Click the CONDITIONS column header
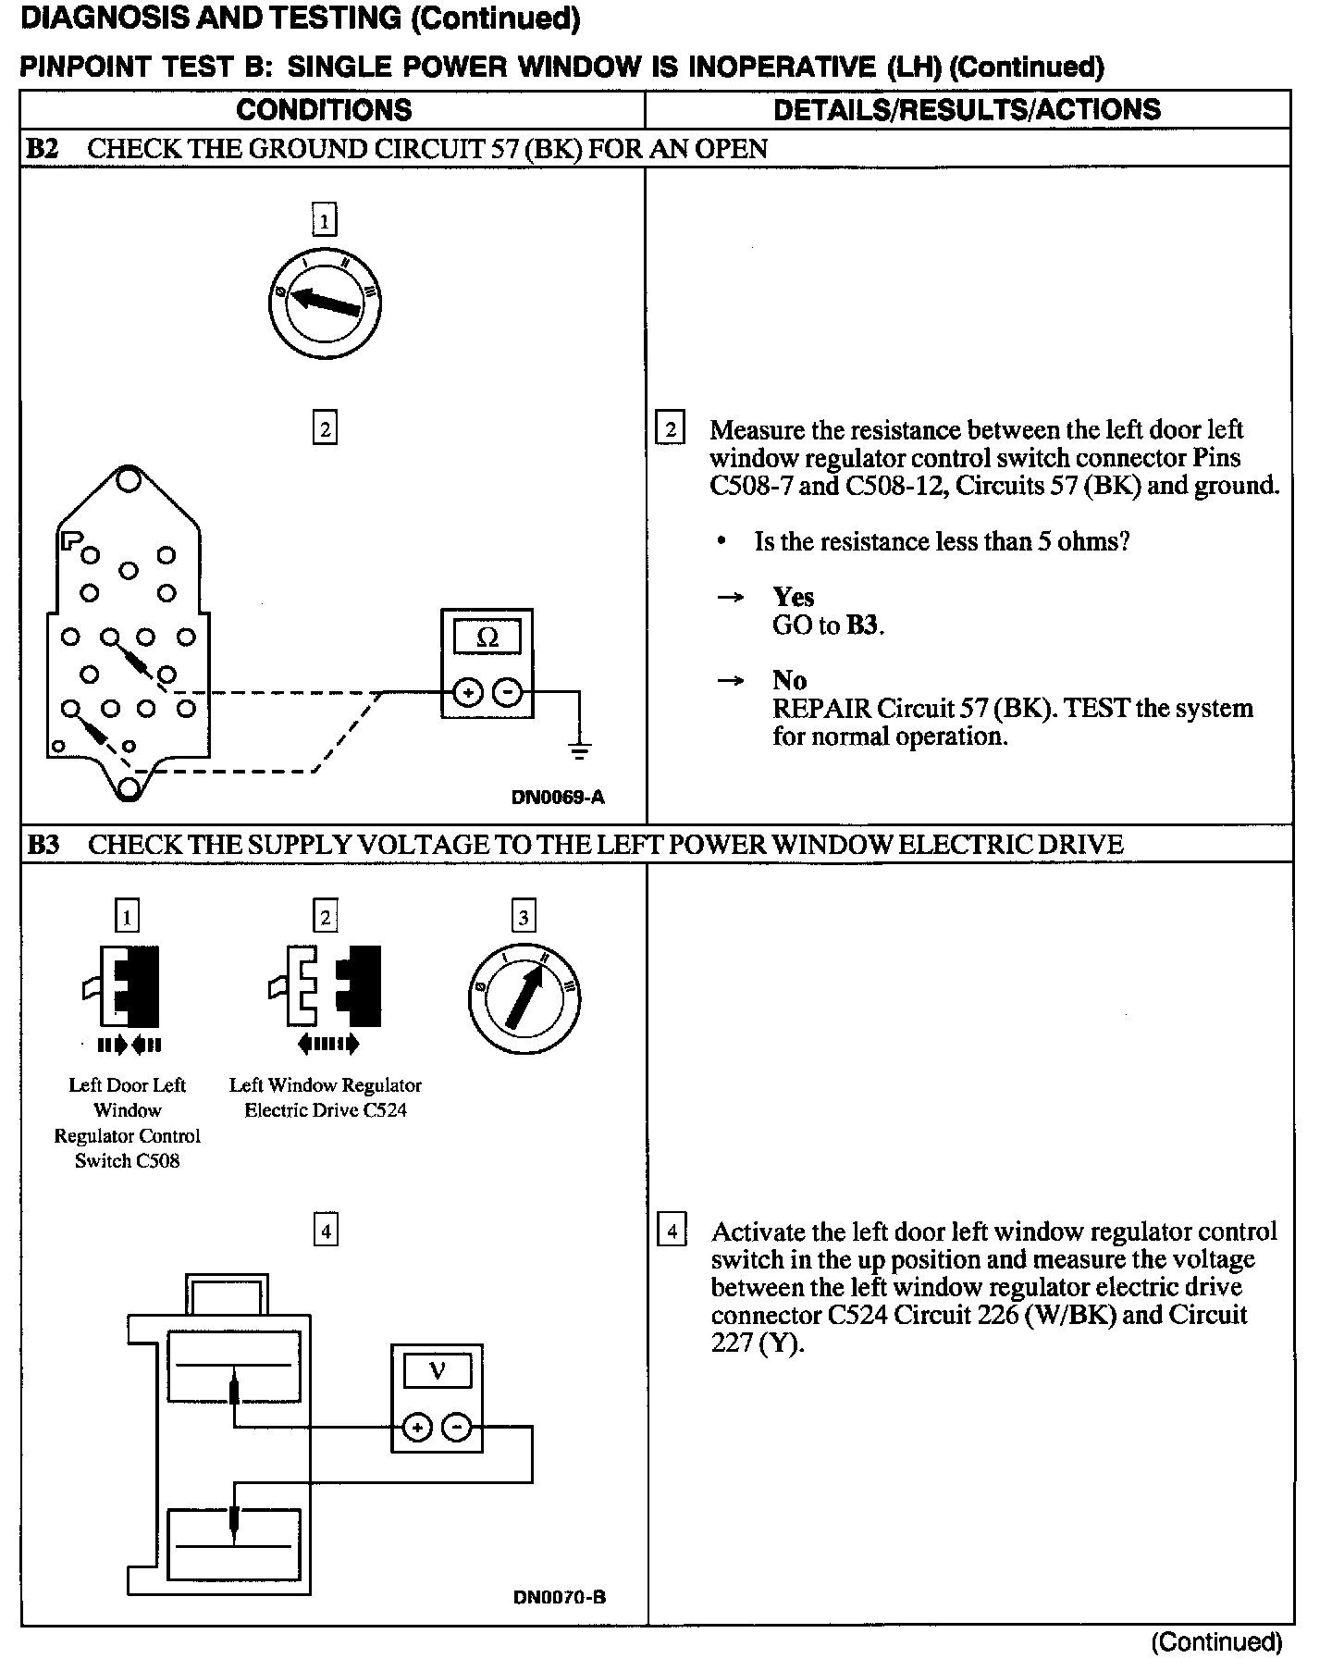324,109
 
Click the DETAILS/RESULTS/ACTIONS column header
967,109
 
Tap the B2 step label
43,149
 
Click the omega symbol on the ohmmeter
487,637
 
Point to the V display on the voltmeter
438,1370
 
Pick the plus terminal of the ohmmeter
468,692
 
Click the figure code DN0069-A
558,797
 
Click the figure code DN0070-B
559,1597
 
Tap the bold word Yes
794,597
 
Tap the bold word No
789,681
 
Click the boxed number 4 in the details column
672,1232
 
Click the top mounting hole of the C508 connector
128,479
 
